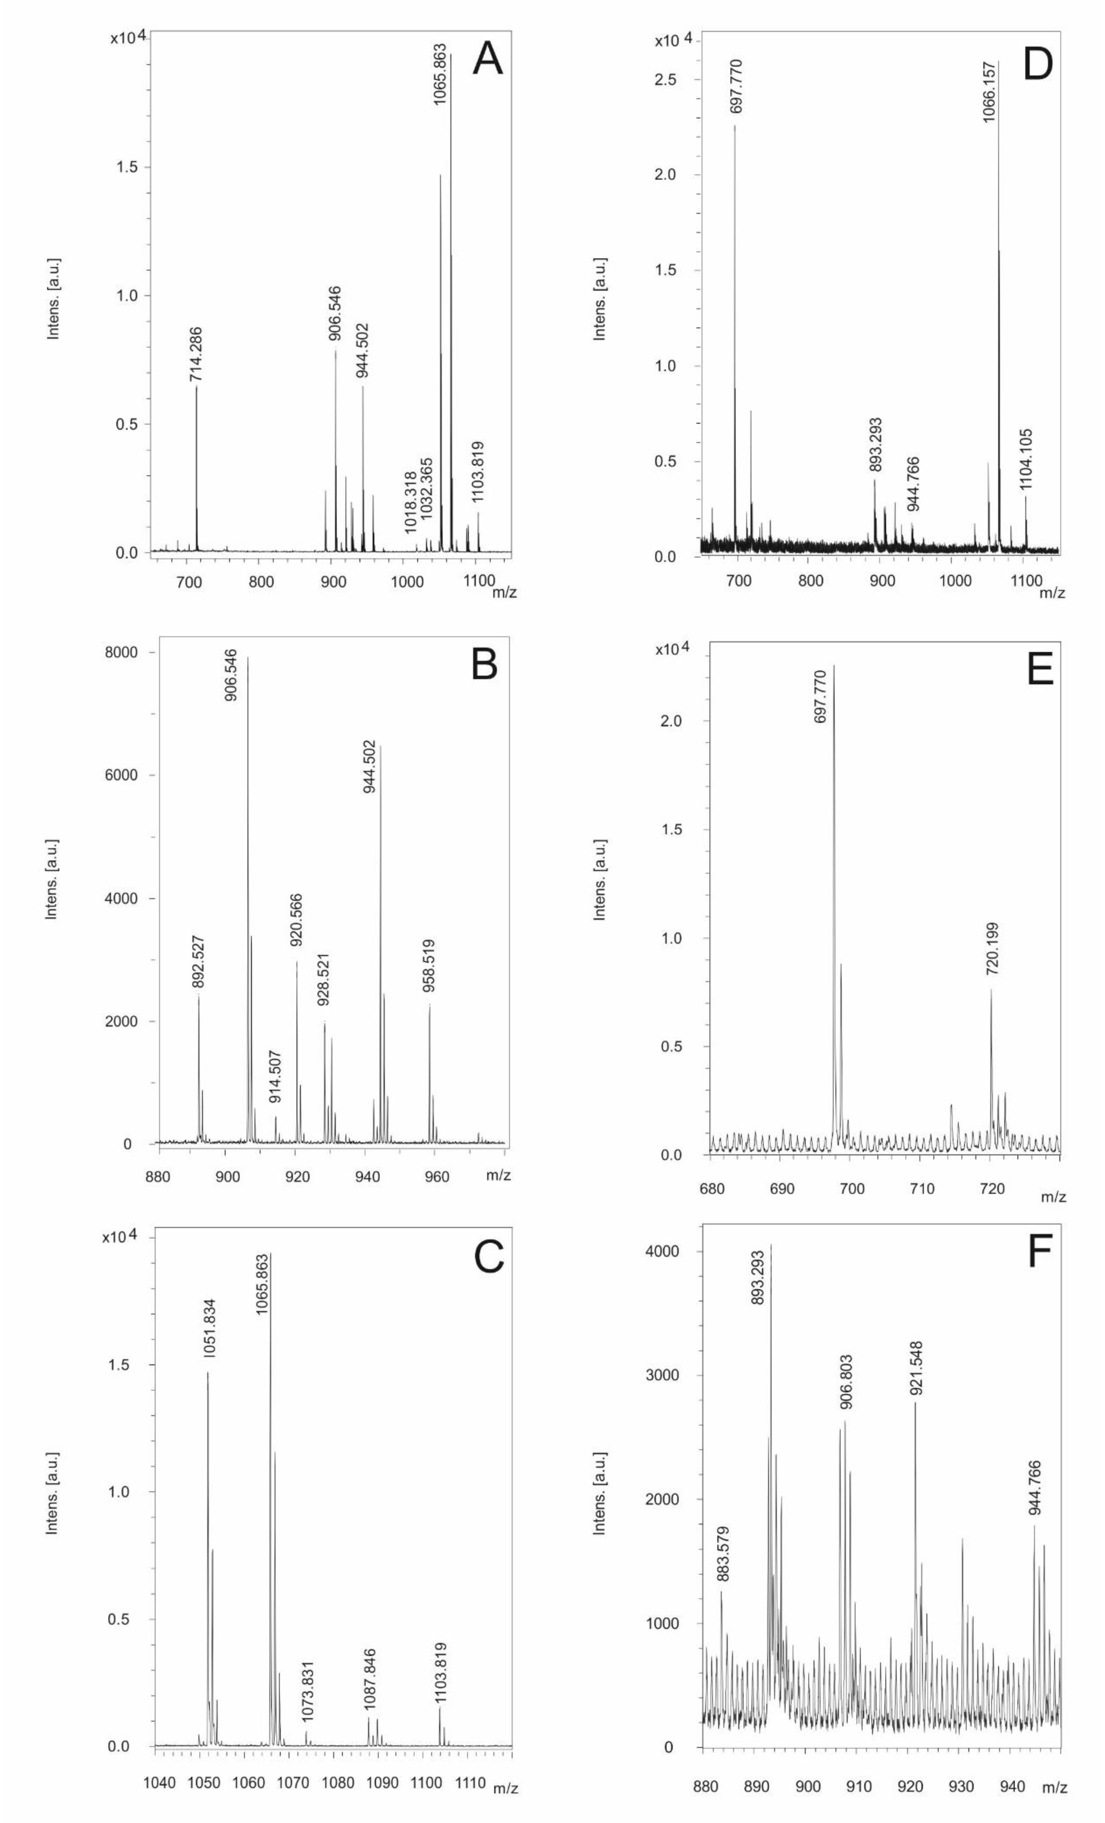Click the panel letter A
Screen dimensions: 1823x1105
coord(488,59)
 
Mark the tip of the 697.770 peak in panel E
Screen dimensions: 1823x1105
coord(833,665)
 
